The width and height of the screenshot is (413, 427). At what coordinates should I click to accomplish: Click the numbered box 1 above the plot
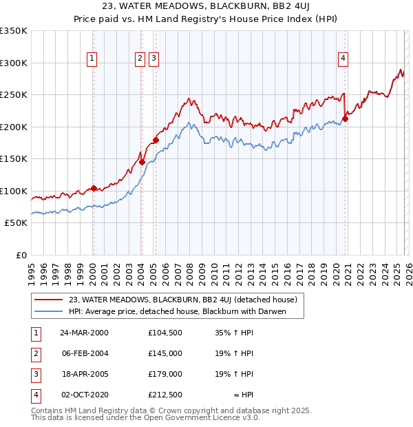(92, 59)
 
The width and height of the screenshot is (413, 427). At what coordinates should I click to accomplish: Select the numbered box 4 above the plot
(342, 59)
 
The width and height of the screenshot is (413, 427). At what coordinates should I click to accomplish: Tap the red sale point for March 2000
(94, 188)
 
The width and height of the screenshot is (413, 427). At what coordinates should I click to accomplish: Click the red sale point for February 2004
(142, 163)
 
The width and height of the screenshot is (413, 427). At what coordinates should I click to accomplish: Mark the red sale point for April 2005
(156, 140)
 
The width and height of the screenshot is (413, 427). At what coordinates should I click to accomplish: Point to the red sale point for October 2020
(345, 118)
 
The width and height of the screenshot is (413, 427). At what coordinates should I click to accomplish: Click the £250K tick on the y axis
(14, 95)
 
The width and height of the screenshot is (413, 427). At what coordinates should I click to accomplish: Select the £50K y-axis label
(17, 223)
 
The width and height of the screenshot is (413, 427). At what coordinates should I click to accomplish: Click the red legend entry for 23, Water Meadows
(182, 300)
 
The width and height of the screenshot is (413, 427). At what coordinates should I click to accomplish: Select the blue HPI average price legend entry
(176, 311)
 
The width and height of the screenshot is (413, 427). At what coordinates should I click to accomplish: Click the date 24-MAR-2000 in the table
(84, 333)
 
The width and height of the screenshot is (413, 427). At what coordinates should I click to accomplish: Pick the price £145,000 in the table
(165, 353)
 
